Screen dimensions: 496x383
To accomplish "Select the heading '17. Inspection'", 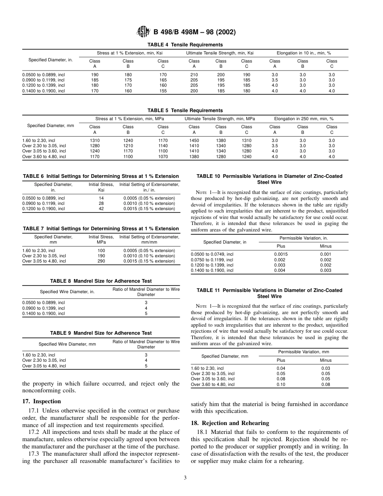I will click(42, 401).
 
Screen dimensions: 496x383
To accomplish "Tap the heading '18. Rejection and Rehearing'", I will click(229, 423).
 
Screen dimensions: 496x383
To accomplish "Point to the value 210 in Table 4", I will click(194, 75).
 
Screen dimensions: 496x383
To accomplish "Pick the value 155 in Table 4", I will click(163, 91).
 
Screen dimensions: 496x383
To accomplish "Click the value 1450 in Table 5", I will click(194, 140).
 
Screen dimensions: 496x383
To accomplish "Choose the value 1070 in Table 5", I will click(163, 156).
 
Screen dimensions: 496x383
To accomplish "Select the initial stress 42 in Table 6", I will click(101, 209).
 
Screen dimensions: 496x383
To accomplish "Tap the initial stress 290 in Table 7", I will click(101, 261).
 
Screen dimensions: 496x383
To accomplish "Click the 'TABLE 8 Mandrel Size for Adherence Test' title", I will click(101, 281).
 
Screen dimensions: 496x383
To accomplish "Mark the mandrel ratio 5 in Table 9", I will click(146, 366).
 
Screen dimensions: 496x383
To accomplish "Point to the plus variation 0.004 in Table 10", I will click(280, 270).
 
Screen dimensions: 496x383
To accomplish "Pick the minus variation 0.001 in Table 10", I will click(325, 254).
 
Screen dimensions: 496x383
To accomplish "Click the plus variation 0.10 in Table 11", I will click(281, 384).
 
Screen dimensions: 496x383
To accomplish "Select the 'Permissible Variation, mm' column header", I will click(303, 352).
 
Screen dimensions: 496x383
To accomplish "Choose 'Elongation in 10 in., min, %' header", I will click(303, 53).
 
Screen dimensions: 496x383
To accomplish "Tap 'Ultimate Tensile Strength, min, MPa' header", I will click(220, 119).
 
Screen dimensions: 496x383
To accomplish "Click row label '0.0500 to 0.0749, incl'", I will click(212, 254).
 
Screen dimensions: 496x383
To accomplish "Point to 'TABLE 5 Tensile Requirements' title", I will click(185, 110).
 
